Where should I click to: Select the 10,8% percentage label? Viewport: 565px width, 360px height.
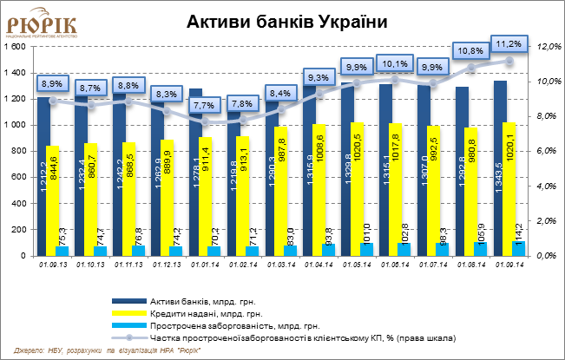pyautogui.click(x=470, y=50)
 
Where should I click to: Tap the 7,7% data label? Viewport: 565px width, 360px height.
pyautogui.click(x=203, y=105)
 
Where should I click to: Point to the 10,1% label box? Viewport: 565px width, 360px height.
pyautogui.click(x=393, y=63)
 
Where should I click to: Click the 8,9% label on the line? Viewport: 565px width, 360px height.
pyautogui.click(x=51, y=83)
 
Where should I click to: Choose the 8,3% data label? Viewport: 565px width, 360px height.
pyautogui.click(x=166, y=94)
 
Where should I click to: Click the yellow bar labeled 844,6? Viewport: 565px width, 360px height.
pyautogui.click(x=53, y=200)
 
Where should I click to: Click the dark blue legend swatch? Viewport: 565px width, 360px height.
pyautogui.click(x=129, y=301)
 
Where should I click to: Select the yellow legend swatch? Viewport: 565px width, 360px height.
pyautogui.click(x=129, y=312)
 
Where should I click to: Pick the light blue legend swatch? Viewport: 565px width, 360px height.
pyautogui.click(x=129, y=324)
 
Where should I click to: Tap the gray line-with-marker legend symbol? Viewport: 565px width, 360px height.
pyautogui.click(x=129, y=337)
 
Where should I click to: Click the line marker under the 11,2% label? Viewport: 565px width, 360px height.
pyautogui.click(x=509, y=61)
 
